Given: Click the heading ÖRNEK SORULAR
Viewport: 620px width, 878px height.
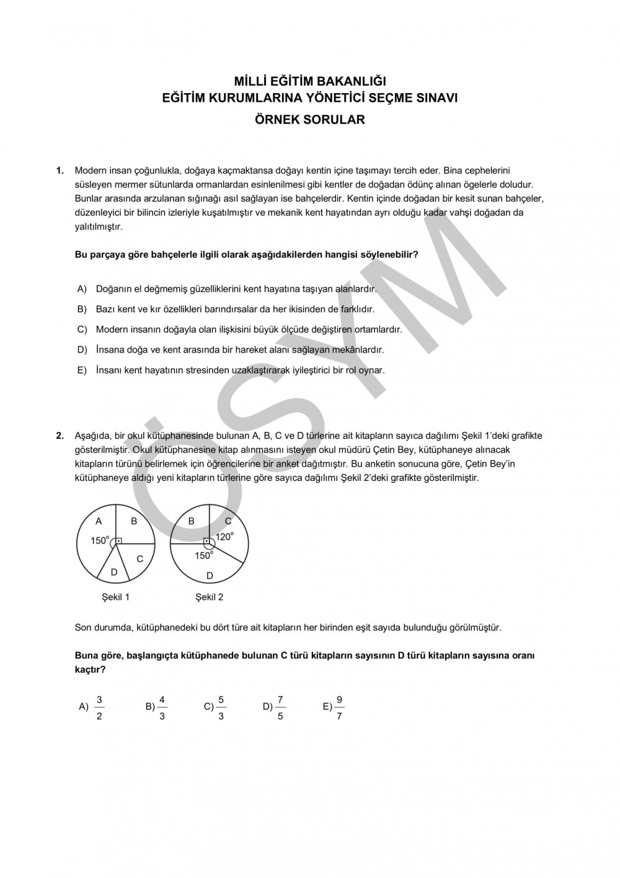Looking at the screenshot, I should (310, 120).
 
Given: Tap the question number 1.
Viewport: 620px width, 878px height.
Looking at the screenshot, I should (60, 170).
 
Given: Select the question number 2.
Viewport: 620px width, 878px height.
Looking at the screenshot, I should (60, 436).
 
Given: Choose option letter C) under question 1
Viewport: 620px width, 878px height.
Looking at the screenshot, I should (81, 329).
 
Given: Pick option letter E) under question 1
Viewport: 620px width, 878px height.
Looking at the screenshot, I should (81, 370).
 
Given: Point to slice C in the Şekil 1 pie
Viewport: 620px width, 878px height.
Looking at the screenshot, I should (140, 558).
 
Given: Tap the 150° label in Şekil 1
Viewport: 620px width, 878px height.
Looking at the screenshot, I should (100, 540).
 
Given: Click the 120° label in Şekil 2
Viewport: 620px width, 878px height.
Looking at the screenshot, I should (224, 537).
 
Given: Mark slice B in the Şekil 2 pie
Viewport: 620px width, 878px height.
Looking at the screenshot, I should (192, 521).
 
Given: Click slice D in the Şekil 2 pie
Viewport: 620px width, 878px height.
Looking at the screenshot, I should (210, 575).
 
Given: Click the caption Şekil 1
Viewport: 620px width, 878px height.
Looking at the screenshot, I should (116, 597).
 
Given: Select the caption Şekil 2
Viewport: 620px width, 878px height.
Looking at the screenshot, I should (210, 597).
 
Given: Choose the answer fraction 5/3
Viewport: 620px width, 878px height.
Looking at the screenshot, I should (221, 707).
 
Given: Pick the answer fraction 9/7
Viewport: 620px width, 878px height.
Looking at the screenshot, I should (339, 707).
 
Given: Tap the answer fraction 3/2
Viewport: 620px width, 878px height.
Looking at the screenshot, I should (100, 707).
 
